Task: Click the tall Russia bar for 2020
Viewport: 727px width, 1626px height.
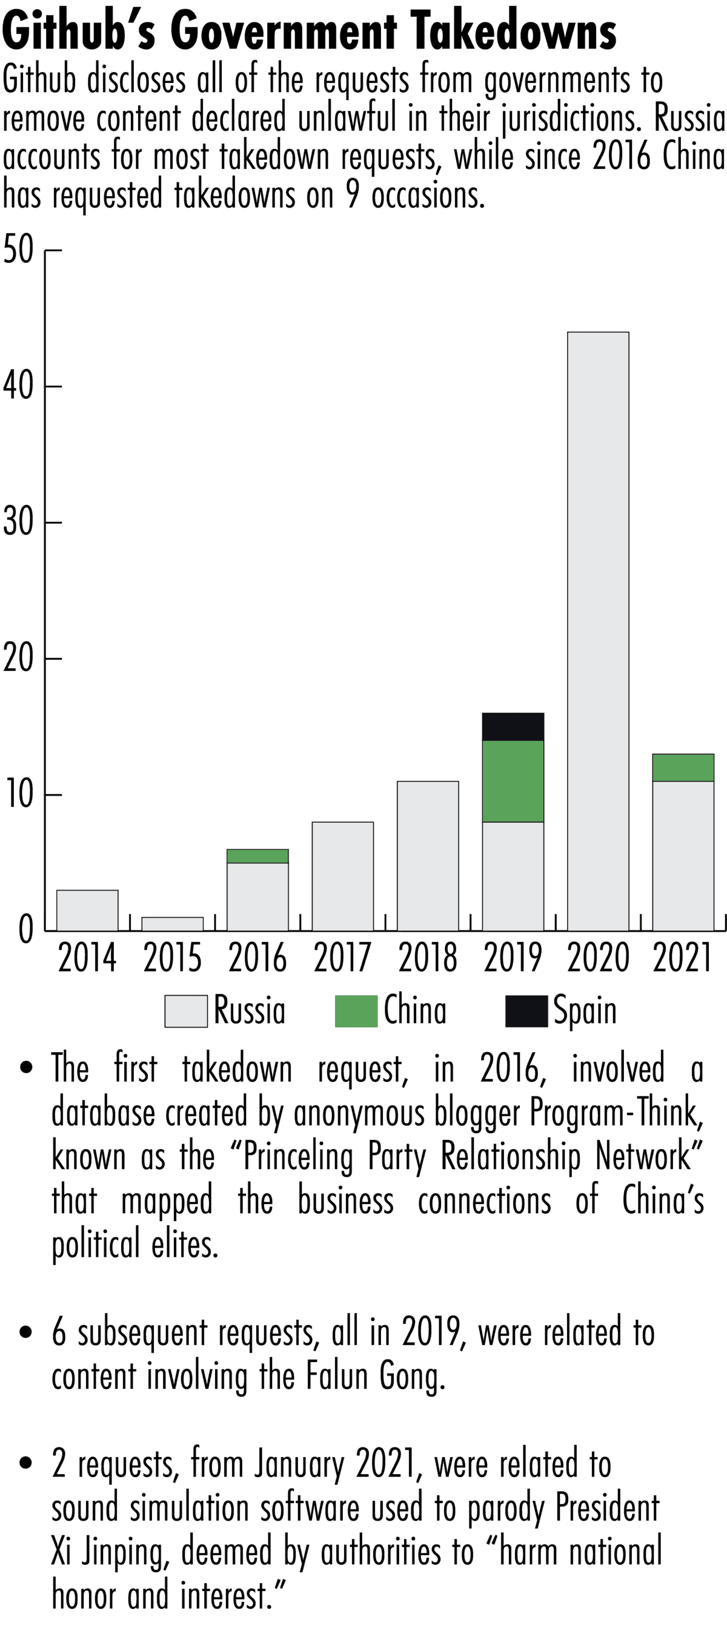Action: pyautogui.click(x=597, y=631)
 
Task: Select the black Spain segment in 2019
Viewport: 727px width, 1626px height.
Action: pyautogui.click(x=513, y=726)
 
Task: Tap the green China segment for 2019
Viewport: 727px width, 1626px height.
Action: pyautogui.click(x=513, y=781)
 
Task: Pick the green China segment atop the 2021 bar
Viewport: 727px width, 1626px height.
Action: pyautogui.click(x=683, y=768)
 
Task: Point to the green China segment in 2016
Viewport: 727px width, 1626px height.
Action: pyautogui.click(x=257, y=856)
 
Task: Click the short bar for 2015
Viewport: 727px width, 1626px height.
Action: pyautogui.click(x=173, y=924)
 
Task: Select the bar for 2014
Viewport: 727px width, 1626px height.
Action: pyautogui.click(x=87, y=910)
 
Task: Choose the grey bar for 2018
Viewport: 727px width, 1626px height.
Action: pyautogui.click(x=428, y=856)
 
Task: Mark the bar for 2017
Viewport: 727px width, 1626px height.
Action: pyautogui.click(x=342, y=876)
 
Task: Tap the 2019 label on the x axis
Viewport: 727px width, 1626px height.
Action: pyautogui.click(x=513, y=958)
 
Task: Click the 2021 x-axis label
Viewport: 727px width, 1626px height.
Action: pyautogui.click(x=682, y=958)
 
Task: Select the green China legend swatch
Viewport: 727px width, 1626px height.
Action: pyautogui.click(x=356, y=1011)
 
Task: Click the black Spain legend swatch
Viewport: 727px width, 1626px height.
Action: pyautogui.click(x=526, y=1011)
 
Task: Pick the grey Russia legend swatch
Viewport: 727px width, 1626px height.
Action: pyautogui.click(x=186, y=1011)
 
